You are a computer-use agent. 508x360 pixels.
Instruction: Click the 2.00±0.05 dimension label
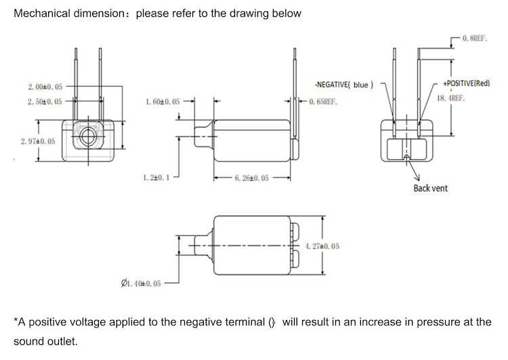[x=45, y=87]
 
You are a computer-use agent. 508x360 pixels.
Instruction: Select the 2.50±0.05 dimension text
[x=45, y=102]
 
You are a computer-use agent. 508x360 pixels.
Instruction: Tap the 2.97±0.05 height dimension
[x=38, y=142]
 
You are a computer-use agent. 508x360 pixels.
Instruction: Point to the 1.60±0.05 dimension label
[x=163, y=102]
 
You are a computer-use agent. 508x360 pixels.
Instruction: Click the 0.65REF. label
[x=323, y=102]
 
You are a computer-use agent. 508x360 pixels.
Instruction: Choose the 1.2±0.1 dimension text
[x=156, y=178]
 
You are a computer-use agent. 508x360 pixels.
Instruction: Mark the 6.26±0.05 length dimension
[x=252, y=178]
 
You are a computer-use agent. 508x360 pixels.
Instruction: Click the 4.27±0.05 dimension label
[x=322, y=246]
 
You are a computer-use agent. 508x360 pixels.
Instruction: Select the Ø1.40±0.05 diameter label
[x=141, y=283]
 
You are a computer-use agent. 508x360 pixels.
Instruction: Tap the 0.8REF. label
[x=475, y=38]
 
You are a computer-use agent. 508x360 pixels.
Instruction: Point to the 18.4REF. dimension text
[x=450, y=98]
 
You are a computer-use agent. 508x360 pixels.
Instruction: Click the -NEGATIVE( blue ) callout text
[x=344, y=85]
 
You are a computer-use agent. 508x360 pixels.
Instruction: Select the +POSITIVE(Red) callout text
[x=467, y=83]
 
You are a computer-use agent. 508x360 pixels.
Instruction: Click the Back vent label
[x=431, y=188]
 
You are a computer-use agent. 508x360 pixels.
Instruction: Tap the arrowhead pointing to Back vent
[x=417, y=178]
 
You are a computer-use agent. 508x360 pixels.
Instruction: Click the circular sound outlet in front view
[x=88, y=136]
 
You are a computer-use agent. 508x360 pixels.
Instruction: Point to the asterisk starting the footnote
[x=16, y=320]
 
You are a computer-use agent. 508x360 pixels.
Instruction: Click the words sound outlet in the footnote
[x=45, y=342]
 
